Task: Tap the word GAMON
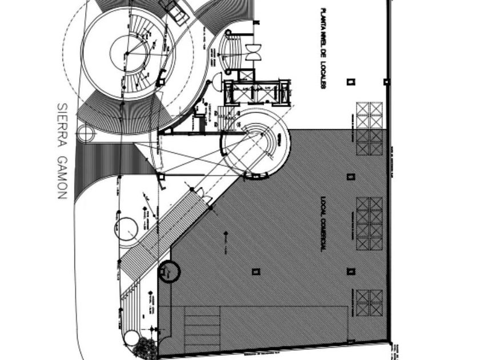pos(62,174)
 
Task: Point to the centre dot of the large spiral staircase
pos(127,54)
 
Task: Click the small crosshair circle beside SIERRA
pos(86,134)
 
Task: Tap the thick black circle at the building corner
pos(169,272)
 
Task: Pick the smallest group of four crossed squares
pos(369,302)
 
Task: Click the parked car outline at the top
pos(175,10)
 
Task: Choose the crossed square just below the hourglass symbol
pos(246,74)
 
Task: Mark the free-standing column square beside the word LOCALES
pos(351,82)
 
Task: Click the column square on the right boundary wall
pos(387,82)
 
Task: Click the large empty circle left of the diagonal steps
pos(126,229)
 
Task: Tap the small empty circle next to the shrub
pos(131,338)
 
